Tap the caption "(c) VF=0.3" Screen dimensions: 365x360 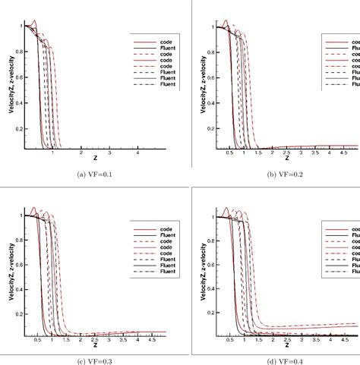pos(89,360)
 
